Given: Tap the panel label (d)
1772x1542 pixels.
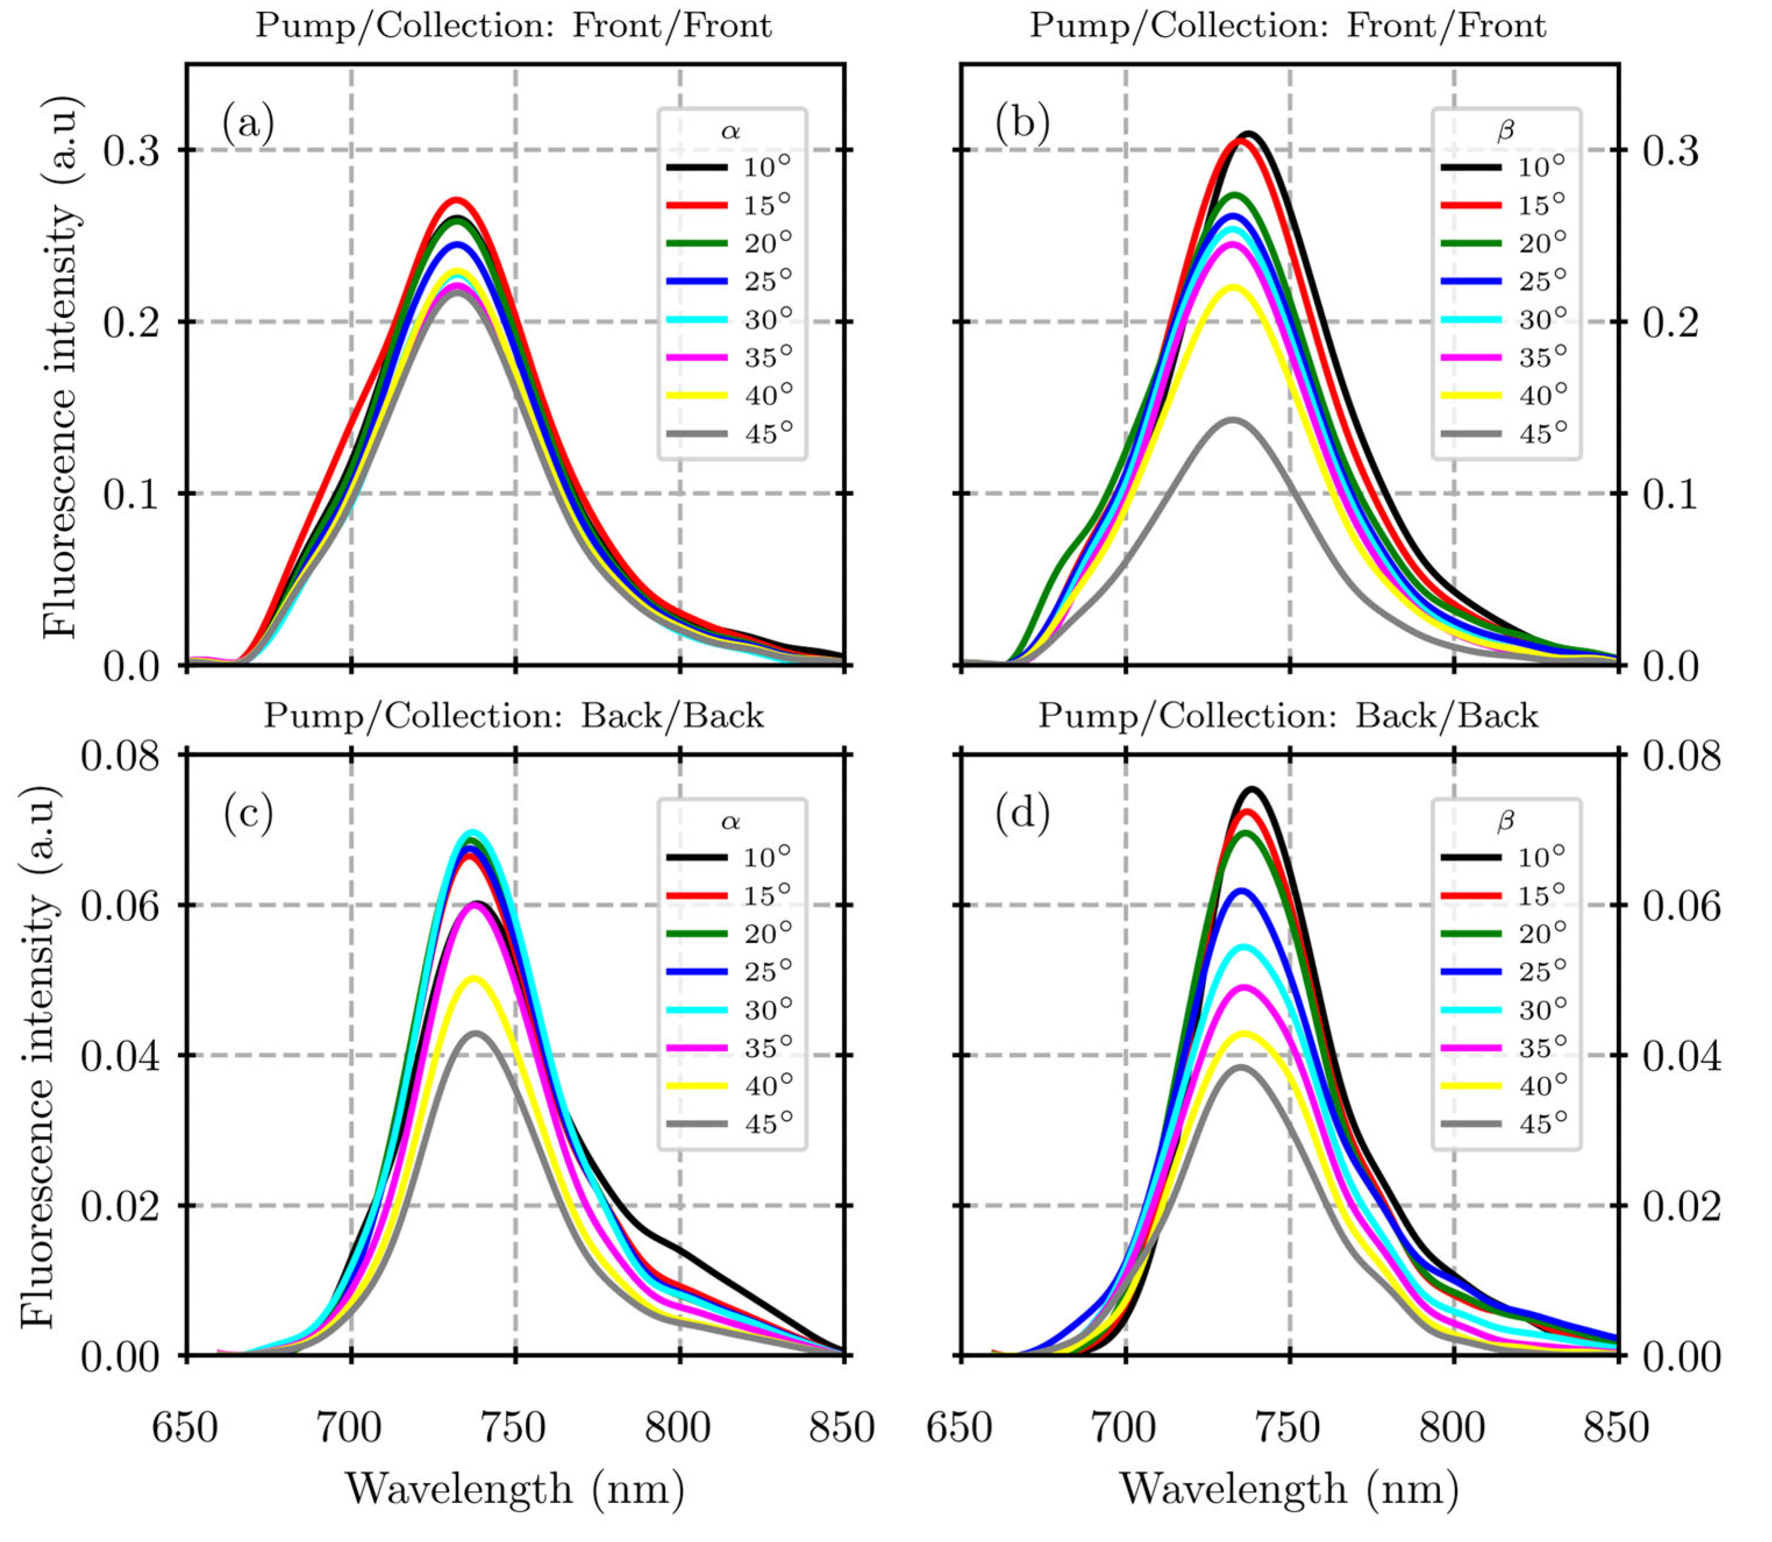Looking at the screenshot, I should coord(1023,813).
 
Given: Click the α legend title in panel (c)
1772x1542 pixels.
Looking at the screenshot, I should coord(731,821).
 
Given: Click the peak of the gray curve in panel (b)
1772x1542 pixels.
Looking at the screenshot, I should coord(1234,420).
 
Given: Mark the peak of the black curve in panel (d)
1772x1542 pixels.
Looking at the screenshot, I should coord(1252,788).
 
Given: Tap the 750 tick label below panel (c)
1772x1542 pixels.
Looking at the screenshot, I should coord(515,1427).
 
